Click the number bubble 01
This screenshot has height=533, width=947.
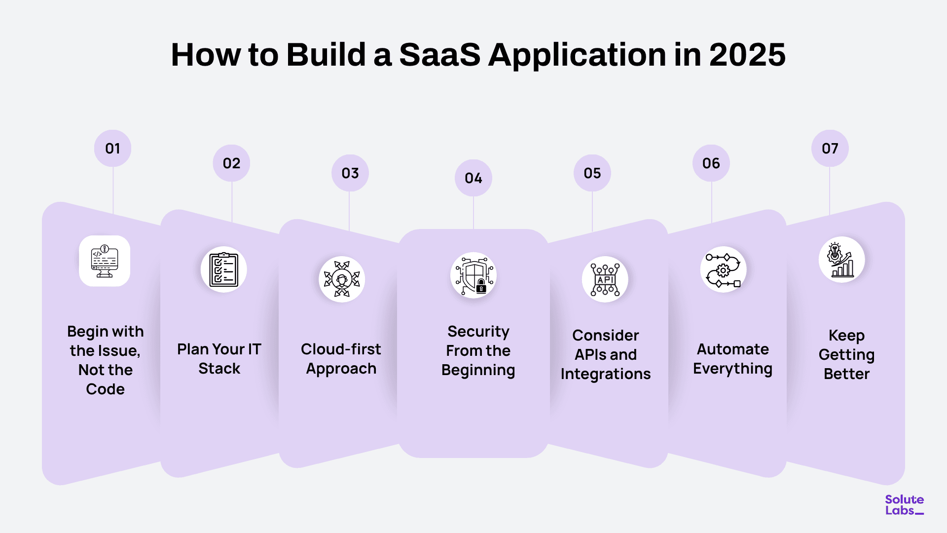click(112, 149)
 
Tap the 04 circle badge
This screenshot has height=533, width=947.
click(473, 178)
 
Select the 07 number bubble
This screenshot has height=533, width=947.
click(830, 149)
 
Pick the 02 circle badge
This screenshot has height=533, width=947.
click(231, 163)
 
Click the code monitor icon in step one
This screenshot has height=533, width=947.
click(105, 261)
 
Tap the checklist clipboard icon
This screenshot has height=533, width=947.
click(223, 269)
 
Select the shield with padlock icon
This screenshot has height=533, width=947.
click(473, 275)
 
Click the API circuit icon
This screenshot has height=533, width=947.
click(605, 279)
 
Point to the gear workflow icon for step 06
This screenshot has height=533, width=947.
click(723, 269)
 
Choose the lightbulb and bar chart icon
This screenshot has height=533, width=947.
click(842, 260)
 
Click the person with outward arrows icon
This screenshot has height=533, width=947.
click(342, 279)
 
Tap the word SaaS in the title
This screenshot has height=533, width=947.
click(439, 54)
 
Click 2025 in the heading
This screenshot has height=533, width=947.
click(747, 54)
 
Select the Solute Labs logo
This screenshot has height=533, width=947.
click(904, 505)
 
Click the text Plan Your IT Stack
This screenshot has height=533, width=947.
click(219, 359)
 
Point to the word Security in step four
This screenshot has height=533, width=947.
click(478, 331)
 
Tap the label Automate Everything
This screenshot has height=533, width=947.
click(732, 359)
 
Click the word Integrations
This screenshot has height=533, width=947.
click(605, 374)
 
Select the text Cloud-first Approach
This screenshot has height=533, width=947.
click(341, 359)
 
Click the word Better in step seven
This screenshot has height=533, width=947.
click(846, 374)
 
